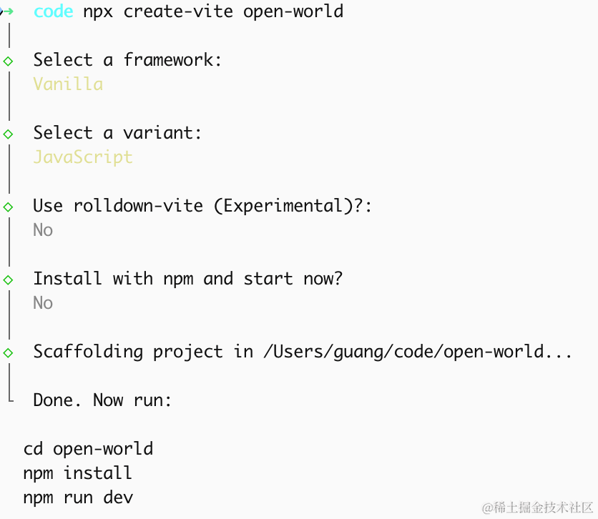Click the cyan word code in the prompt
[54, 11]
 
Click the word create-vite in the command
[178, 11]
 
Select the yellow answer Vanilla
[68, 84]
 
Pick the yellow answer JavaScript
[83, 157]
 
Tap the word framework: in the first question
[172, 60]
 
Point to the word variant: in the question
[162, 132]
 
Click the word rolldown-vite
[138, 206]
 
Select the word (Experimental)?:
[293, 206]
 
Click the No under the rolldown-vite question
[43, 229]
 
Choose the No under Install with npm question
[43, 303]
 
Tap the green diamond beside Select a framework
[8, 61]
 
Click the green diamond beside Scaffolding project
[8, 353]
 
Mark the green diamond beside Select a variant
[8, 134]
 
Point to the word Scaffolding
[88, 352]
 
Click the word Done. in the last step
[57, 400]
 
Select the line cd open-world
[88, 449]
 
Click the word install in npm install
[97, 473]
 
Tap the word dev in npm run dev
[118, 498]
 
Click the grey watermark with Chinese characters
[537, 508]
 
